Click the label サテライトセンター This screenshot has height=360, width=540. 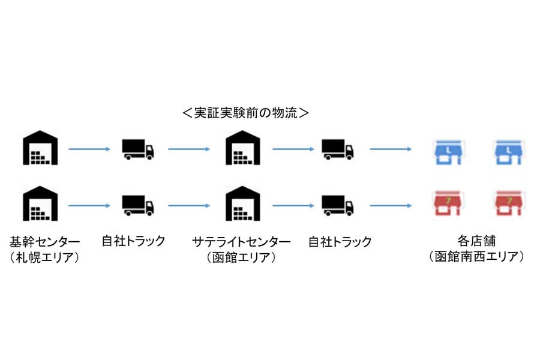242,242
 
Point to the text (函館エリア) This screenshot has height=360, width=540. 242,257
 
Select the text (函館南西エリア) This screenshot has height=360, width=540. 476,257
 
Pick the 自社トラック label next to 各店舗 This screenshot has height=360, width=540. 340,242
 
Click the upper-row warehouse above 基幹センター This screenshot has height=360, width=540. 39,149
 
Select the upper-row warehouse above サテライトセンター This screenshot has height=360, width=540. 242,149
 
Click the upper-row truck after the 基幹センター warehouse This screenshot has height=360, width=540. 137,149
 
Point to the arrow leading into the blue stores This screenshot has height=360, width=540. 391,149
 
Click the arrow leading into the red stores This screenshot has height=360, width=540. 391,205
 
